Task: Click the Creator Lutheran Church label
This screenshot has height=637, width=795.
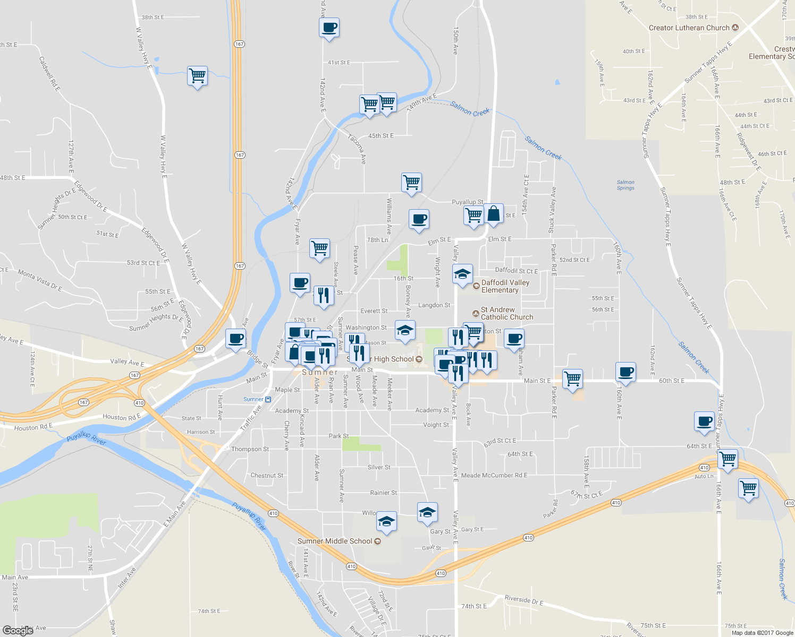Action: pyautogui.click(x=689, y=28)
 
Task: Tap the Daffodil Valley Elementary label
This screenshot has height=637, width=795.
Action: pyautogui.click(x=505, y=286)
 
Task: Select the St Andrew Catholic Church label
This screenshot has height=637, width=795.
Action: pyautogui.click(x=506, y=313)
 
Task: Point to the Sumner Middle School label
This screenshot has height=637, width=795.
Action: pyautogui.click(x=335, y=541)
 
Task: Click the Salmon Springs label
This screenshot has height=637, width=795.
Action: pyautogui.click(x=625, y=185)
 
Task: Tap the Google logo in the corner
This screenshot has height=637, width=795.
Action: pyautogui.click(x=18, y=630)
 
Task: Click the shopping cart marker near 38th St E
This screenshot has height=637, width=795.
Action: pyautogui.click(x=197, y=76)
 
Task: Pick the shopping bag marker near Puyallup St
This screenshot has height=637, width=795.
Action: pyautogui.click(x=494, y=214)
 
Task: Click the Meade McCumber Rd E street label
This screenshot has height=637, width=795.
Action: pyautogui.click(x=494, y=475)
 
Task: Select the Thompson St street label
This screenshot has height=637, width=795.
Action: pyautogui.click(x=250, y=449)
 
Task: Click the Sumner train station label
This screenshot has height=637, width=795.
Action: pyautogui.click(x=253, y=399)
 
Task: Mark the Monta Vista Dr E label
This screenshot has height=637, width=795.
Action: pyautogui.click(x=40, y=281)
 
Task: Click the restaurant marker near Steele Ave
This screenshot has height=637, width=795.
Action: pyautogui.click(x=324, y=295)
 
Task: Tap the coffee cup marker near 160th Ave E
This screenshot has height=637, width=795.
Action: pyautogui.click(x=625, y=372)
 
